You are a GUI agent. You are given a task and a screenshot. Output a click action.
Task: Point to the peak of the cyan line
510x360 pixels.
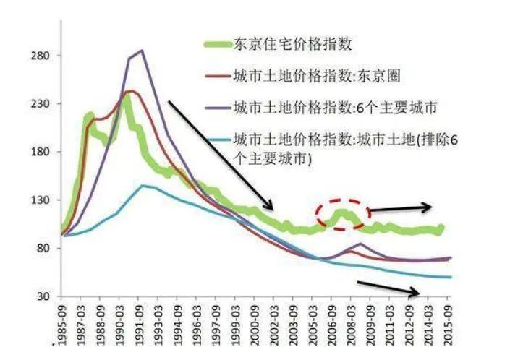click(143, 186)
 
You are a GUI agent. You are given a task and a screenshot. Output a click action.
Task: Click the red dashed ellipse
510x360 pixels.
click(342, 214)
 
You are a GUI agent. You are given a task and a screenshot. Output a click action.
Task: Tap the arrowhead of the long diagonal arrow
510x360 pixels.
click(269, 207)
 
